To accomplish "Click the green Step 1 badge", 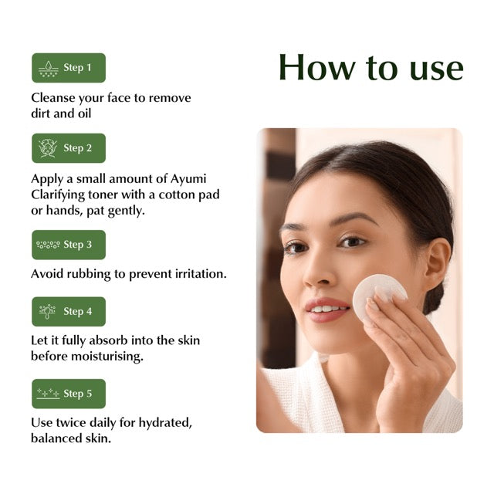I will (x=68, y=68).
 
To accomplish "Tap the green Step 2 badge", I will (x=68, y=148).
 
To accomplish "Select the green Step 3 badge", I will (x=68, y=245).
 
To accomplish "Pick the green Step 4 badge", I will (x=68, y=312).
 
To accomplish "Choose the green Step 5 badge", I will (x=68, y=394).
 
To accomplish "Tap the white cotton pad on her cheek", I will (x=378, y=294).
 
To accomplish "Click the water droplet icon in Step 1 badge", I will (x=48, y=68).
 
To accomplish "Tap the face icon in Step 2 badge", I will (x=48, y=148).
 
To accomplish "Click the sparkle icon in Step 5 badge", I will (x=48, y=394).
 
